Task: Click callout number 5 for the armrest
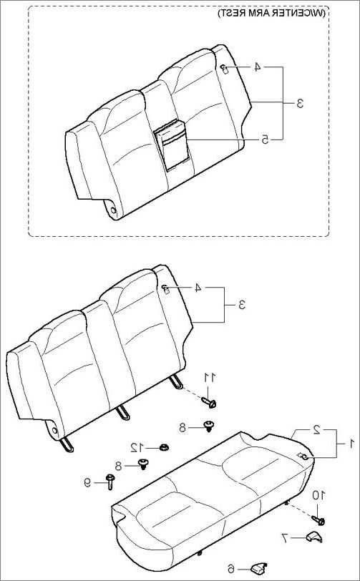[266, 140]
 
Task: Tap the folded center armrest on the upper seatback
[172, 145]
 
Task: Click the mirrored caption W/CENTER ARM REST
[271, 14]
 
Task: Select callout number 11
[209, 378]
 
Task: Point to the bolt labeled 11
[209, 402]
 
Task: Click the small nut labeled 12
[163, 448]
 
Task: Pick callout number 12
[136, 448]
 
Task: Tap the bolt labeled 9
[110, 482]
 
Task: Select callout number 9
[87, 482]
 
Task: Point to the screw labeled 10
[318, 520]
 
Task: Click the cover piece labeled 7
[314, 537]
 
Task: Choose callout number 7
[285, 538]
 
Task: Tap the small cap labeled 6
[259, 567]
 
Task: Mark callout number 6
[231, 568]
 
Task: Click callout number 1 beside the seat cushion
[352, 443]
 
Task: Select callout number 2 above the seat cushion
[316, 430]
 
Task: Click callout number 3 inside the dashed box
[300, 103]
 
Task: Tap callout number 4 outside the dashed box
[198, 288]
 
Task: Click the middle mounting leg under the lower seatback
[122, 412]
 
